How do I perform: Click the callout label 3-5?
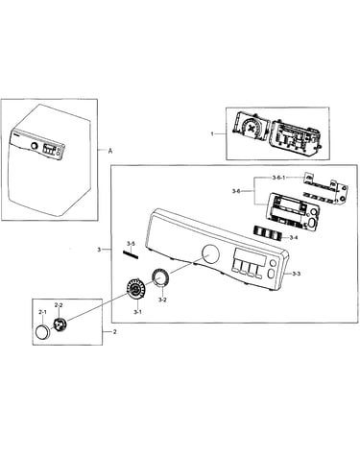[x=131, y=244]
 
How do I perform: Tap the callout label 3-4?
[x=294, y=238]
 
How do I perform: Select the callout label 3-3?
[x=297, y=274]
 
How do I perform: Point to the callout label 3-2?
[x=162, y=300]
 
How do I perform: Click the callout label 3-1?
[x=137, y=312]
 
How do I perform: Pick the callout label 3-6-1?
[x=278, y=178]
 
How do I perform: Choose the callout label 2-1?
[x=42, y=312]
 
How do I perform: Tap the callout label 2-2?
[x=59, y=305]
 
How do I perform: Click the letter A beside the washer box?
[x=110, y=151]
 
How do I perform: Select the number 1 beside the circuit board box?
[x=212, y=133]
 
